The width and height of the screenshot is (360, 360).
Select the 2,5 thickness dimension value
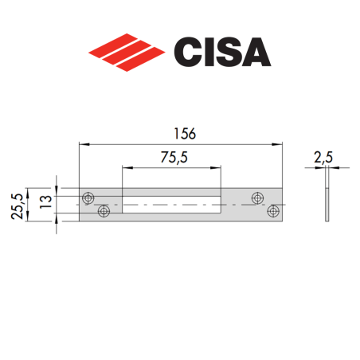325,158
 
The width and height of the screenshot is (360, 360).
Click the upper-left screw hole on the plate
87,197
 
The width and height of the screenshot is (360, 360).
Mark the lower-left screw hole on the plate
103,212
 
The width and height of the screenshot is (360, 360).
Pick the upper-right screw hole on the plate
257,197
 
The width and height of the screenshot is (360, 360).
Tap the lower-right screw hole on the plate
273,212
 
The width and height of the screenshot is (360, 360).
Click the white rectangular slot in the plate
172,204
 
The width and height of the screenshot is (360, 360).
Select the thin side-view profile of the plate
327,204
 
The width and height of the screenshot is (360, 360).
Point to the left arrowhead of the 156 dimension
83,144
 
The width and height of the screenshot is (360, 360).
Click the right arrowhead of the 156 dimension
280,144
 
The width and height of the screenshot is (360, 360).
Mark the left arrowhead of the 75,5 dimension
126,168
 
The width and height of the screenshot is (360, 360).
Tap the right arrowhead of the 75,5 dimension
218,168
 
